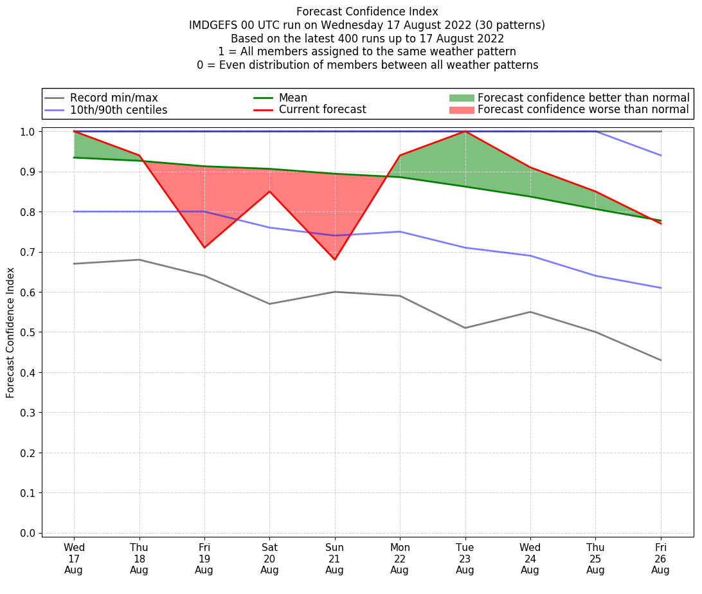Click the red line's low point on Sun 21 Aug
click(334, 260)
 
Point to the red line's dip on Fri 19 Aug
click(204, 248)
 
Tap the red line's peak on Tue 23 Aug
click(465, 131)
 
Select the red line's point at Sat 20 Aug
click(269, 191)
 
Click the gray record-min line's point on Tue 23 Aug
click(465, 328)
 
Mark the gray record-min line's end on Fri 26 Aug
click(660, 360)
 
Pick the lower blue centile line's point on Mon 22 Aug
click(400, 231)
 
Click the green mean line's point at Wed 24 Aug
click(530, 196)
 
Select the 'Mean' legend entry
click(292, 98)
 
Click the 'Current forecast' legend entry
click(322, 109)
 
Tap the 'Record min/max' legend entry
click(113, 98)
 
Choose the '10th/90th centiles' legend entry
click(118, 110)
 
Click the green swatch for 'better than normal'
click(461, 98)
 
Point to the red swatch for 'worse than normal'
click(461, 110)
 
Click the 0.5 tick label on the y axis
click(28, 332)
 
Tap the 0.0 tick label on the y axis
click(28, 533)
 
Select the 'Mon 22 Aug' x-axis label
click(400, 558)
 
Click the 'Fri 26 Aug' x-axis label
click(660, 558)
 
